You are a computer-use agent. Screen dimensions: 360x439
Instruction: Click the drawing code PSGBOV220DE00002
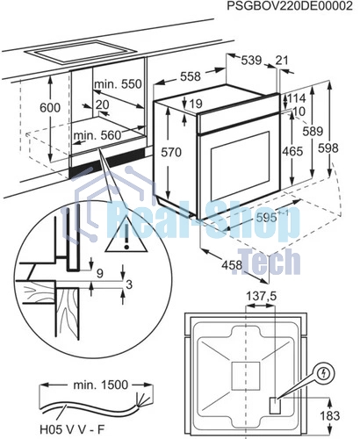point(290,6)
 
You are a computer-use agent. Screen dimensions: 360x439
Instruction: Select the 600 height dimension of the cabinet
point(50,108)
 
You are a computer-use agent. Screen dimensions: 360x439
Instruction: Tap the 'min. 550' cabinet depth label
point(118,84)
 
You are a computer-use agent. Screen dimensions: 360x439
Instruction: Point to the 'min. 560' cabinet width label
point(97,135)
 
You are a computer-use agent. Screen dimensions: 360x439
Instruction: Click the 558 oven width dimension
point(191,76)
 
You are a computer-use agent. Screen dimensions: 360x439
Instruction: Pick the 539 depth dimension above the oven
point(251,61)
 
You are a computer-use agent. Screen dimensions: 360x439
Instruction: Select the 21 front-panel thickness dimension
point(282,61)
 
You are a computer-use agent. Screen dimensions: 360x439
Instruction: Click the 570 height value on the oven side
point(171,152)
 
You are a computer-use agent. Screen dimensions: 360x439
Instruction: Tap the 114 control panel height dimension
point(296,98)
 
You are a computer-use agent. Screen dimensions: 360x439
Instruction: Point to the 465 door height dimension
point(292,151)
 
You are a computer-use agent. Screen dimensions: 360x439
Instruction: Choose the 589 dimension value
point(313,131)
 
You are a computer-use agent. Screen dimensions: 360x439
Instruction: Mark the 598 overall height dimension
point(328,148)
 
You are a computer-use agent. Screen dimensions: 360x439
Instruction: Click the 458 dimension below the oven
point(232,265)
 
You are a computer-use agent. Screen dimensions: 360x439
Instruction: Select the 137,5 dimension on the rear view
point(261,297)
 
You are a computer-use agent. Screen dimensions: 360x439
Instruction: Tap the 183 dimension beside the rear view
point(330,415)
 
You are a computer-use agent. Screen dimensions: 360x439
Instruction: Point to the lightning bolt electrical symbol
point(324,373)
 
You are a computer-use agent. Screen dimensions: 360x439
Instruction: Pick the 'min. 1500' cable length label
point(101,385)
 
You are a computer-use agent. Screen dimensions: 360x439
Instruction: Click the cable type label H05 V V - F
point(72,430)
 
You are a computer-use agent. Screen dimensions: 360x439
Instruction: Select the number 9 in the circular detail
point(100,273)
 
